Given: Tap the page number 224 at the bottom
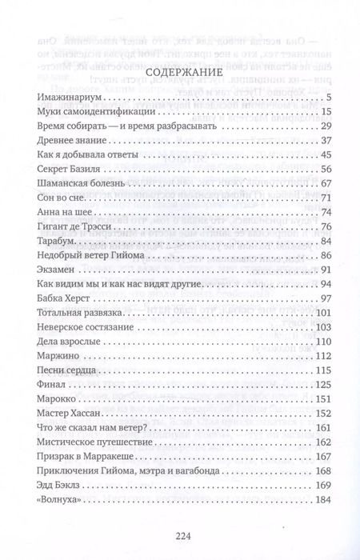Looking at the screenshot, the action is click(x=180, y=535).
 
